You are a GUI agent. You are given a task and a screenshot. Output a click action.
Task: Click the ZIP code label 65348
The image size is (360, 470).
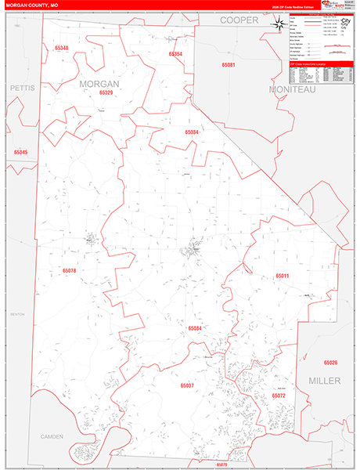62,49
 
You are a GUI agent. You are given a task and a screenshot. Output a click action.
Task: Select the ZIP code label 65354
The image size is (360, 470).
175,54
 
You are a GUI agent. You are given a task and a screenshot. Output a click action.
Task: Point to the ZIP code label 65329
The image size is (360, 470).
106,92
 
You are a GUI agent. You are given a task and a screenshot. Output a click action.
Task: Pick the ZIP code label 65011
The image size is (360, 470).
282,276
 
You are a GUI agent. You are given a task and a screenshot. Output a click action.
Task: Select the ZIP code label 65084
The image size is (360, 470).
195,328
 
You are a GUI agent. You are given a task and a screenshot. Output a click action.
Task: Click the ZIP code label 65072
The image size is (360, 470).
279,396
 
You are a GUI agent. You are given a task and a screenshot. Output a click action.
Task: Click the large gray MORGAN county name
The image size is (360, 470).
99,82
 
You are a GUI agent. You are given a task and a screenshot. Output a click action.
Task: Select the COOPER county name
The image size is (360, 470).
239,20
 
